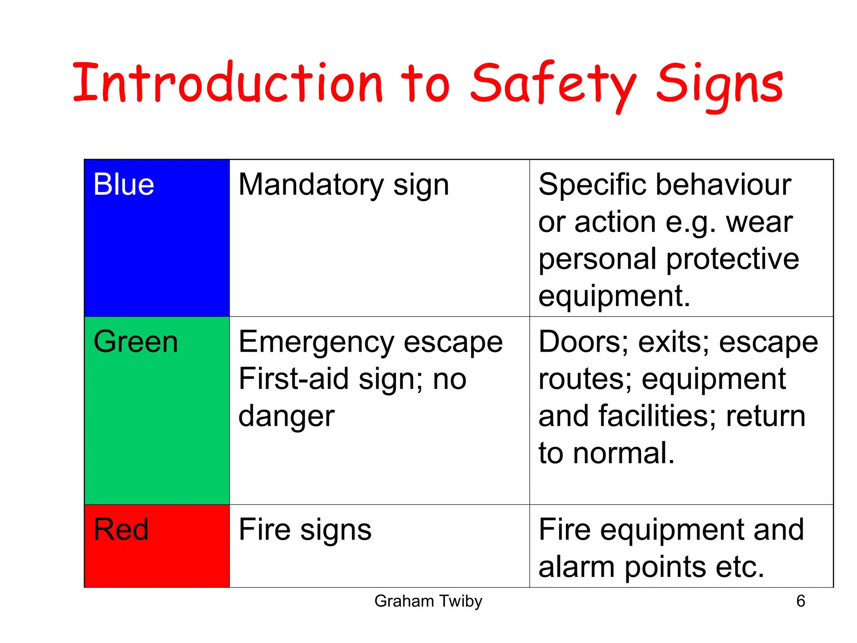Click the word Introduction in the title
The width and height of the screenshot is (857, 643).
tap(227, 82)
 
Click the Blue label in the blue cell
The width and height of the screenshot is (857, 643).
tap(123, 185)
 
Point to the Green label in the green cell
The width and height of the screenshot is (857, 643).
tap(136, 342)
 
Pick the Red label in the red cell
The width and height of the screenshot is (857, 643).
tap(121, 530)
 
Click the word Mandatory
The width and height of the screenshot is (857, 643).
tap(311, 185)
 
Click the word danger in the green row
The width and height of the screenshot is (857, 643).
tap(286, 417)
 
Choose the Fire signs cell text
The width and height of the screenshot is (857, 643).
tap(305, 530)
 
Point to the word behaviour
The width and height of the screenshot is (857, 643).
tap(723, 185)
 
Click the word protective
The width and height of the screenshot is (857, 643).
tap(732, 260)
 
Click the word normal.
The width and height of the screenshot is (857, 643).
tap(624, 453)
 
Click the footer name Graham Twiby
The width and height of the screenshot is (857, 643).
tap(428, 601)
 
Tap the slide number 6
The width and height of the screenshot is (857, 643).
tap(801, 601)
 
